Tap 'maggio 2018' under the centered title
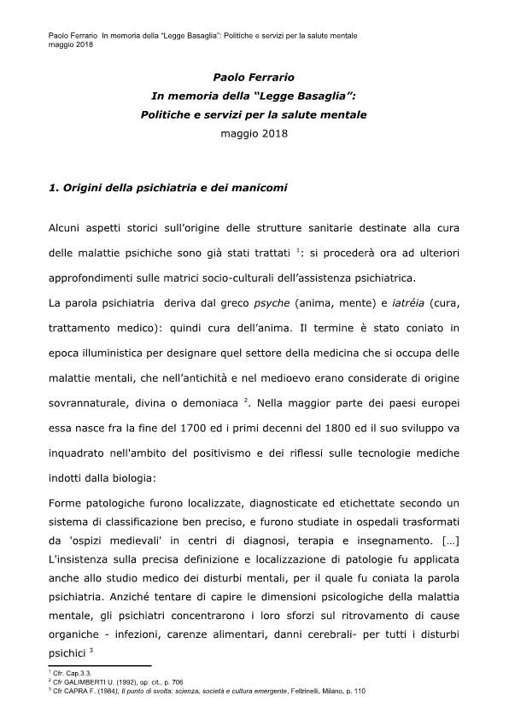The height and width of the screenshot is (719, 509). [254, 133]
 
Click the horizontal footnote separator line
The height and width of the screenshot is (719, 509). [100, 666]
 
